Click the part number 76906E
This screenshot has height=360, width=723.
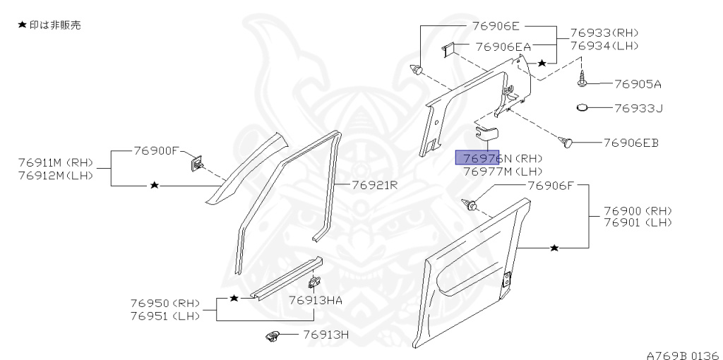pyautogui.click(x=491, y=27)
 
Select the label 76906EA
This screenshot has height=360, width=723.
pyautogui.click(x=503, y=47)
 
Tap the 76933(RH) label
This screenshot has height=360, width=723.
pyautogui.click(x=604, y=33)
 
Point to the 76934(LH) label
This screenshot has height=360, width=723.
pyautogui.click(x=604, y=46)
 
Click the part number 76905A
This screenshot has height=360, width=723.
pyautogui.click(x=637, y=84)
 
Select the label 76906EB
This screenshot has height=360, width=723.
pyautogui.click(x=631, y=143)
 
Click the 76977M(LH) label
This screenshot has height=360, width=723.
pyautogui.click(x=503, y=171)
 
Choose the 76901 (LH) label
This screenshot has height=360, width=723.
pyautogui.click(x=638, y=223)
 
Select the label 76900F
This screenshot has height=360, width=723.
pyautogui.click(x=157, y=151)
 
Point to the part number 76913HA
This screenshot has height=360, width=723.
pyautogui.click(x=316, y=300)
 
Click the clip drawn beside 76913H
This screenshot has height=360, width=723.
pyautogui.click(x=273, y=336)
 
